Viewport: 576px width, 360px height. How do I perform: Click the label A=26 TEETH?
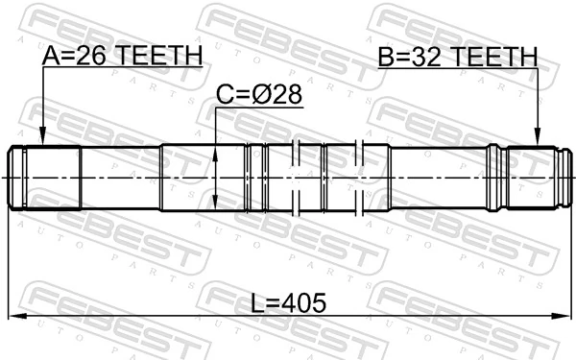coord(122,58)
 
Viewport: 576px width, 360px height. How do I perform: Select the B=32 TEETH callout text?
coord(457,58)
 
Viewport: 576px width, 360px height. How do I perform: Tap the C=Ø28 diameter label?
coord(258,97)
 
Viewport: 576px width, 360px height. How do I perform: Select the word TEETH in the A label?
coord(159,58)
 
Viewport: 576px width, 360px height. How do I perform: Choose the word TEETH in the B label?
coord(494,58)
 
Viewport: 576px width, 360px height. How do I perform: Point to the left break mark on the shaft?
coord(299,178)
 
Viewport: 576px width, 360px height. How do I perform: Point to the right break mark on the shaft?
coord(360,178)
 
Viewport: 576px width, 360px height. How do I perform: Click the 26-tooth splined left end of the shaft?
coord(44,178)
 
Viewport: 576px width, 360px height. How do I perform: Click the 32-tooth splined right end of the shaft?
coord(533,178)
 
